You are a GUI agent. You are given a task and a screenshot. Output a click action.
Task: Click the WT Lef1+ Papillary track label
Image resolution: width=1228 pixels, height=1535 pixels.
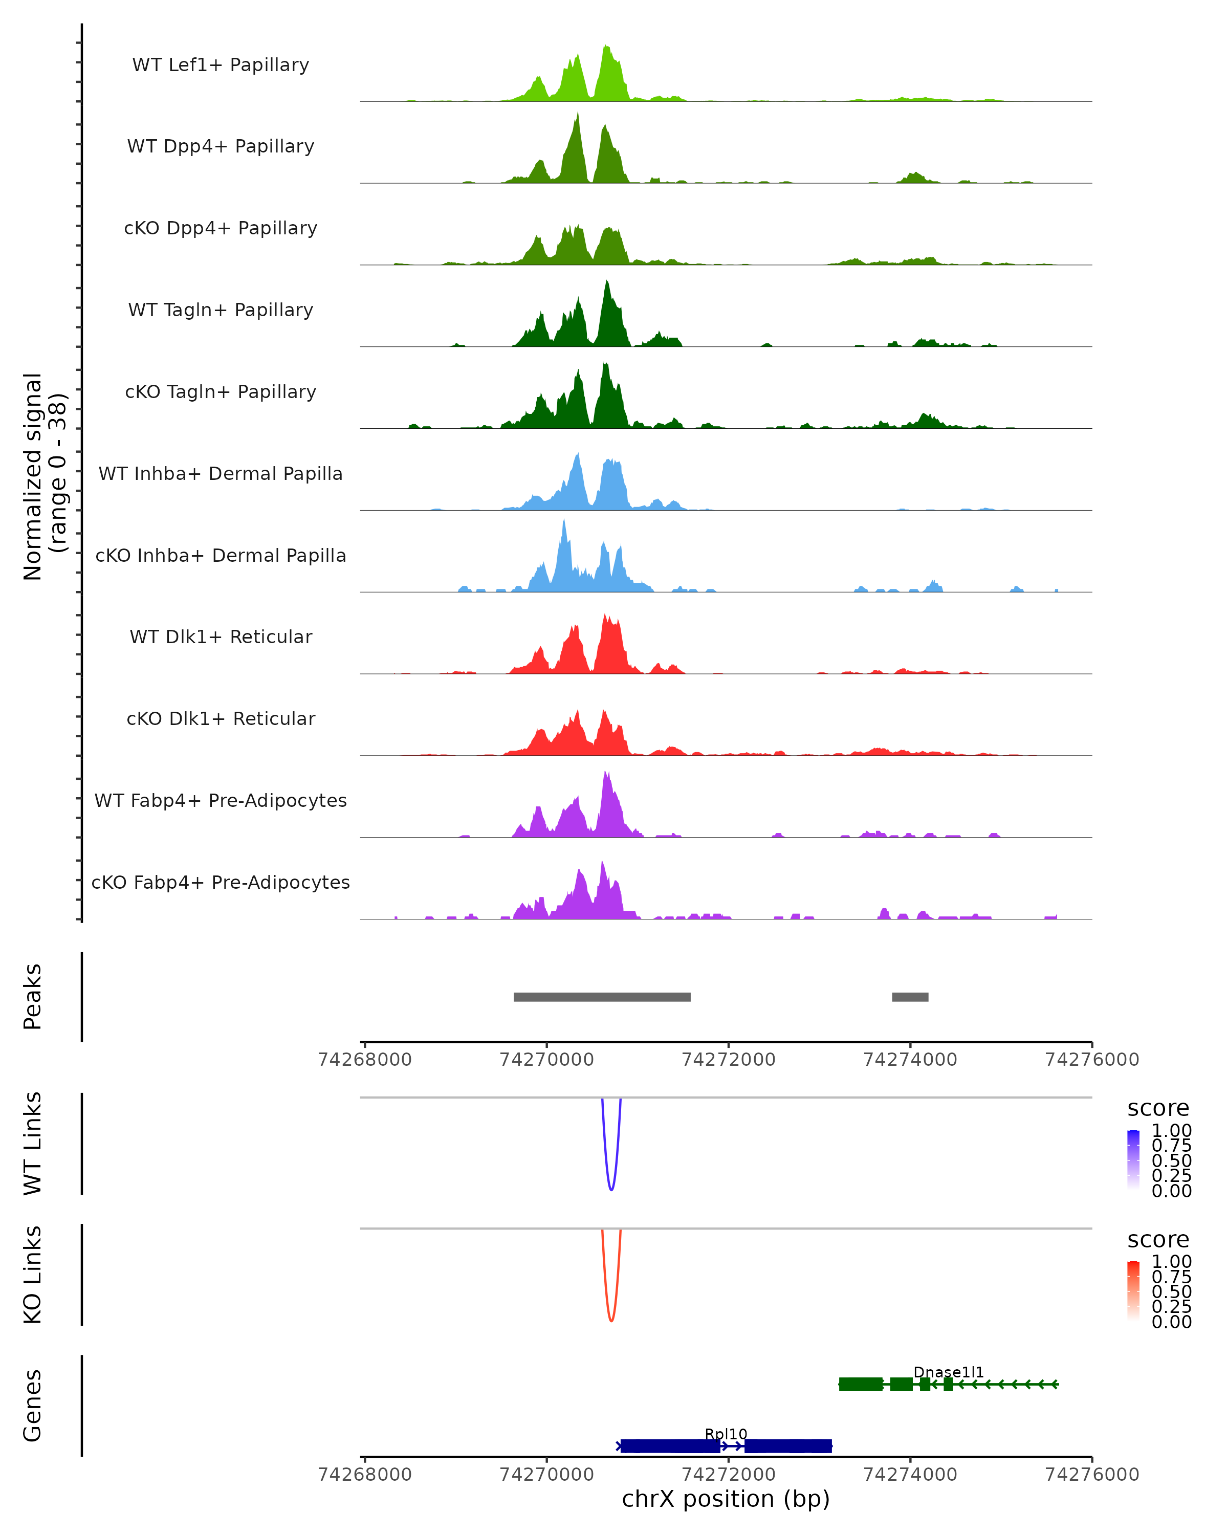221,65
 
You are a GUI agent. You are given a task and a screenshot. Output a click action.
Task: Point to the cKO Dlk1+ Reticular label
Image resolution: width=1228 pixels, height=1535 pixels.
221,718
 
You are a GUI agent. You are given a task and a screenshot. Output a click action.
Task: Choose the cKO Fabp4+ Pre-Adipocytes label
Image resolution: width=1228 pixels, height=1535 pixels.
221,882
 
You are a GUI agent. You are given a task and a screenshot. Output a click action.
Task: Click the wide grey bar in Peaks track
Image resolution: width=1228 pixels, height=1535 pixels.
602,997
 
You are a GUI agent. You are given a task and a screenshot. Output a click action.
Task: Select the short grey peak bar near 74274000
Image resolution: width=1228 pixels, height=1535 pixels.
910,997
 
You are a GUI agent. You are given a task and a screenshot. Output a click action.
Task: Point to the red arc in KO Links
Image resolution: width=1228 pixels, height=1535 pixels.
611,1317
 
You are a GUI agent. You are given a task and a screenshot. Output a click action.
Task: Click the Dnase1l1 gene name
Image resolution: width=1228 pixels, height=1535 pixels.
948,1372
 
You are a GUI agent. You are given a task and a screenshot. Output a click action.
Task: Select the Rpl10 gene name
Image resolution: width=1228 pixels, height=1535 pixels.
726,1434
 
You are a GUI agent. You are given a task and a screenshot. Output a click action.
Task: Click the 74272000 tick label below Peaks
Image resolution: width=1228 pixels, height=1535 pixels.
728,1060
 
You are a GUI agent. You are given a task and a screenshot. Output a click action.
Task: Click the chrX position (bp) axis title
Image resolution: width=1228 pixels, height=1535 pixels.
726,1499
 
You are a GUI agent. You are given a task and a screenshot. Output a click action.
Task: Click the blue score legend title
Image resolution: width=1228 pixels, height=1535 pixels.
1157,1108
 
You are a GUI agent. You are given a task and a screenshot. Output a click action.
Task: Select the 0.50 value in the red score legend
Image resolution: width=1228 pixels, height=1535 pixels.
1171,1291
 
